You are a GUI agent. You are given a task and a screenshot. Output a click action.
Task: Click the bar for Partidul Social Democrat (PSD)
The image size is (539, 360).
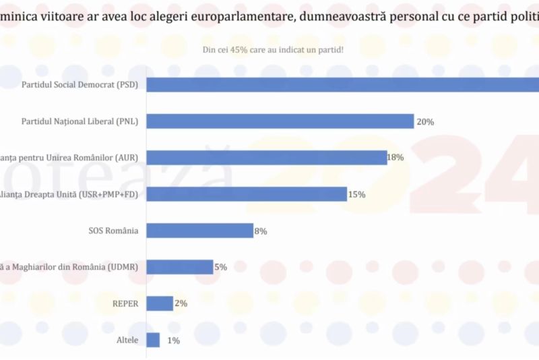click(342, 85)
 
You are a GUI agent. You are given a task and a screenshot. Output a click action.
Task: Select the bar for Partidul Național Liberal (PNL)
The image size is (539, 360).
click(280, 121)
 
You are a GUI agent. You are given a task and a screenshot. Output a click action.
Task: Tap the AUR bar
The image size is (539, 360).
click(266, 158)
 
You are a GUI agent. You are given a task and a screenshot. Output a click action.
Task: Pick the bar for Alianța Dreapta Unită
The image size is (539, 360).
click(247, 194)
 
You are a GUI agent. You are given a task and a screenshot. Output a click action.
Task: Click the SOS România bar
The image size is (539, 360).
click(199, 231)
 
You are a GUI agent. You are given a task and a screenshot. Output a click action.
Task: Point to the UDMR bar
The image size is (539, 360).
click(179, 267)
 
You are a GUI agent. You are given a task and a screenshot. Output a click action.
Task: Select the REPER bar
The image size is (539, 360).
click(160, 303)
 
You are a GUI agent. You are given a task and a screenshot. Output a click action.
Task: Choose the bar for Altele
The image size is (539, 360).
click(153, 340)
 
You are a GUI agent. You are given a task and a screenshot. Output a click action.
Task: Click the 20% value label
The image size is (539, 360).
click(425, 122)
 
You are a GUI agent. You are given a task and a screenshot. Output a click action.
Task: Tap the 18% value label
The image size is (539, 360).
click(395, 158)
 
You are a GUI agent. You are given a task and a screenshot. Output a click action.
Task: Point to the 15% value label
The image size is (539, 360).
click(357, 195)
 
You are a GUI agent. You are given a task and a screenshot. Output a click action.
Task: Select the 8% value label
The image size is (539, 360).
click(261, 231)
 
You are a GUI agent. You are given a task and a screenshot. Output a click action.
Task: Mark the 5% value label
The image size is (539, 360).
click(220, 267)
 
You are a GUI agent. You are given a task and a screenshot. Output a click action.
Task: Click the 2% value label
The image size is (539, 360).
click(181, 303)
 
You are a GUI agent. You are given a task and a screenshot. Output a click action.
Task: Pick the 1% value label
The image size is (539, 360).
click(173, 340)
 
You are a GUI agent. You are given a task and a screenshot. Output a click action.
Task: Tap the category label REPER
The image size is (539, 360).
click(125, 303)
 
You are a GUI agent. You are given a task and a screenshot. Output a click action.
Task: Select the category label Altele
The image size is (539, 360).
click(127, 340)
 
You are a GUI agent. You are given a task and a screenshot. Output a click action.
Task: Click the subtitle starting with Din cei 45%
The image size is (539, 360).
click(273, 49)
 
